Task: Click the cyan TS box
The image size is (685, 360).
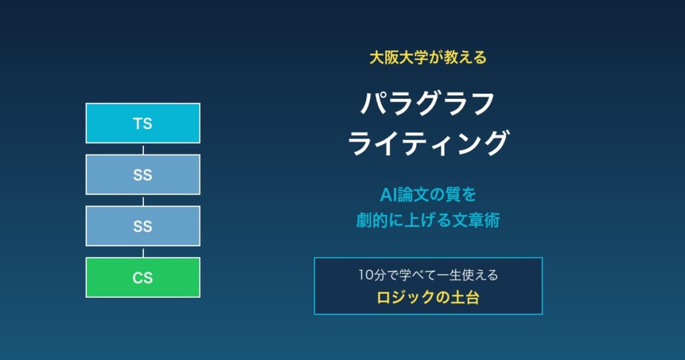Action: (143, 123)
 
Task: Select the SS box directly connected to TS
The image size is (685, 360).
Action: (143, 175)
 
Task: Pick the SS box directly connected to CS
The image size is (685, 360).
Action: (143, 226)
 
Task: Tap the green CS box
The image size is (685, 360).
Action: (143, 278)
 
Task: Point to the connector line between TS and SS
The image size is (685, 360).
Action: (143, 149)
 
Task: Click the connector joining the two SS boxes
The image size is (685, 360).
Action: (143, 201)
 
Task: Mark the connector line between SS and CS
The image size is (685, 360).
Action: (143, 252)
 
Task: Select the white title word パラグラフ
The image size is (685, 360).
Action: (427, 104)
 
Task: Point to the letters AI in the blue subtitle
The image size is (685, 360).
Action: (389, 195)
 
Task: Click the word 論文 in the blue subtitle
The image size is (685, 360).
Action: (413, 195)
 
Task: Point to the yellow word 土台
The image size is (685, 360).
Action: (465, 298)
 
